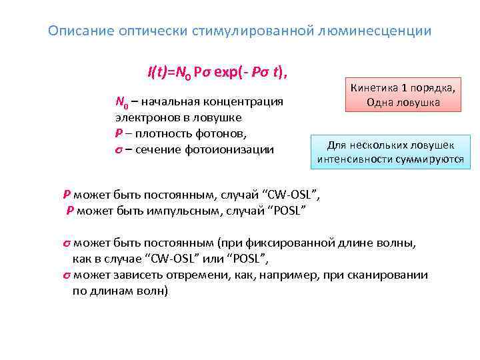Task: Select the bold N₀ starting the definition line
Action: pyautogui.click(x=121, y=103)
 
